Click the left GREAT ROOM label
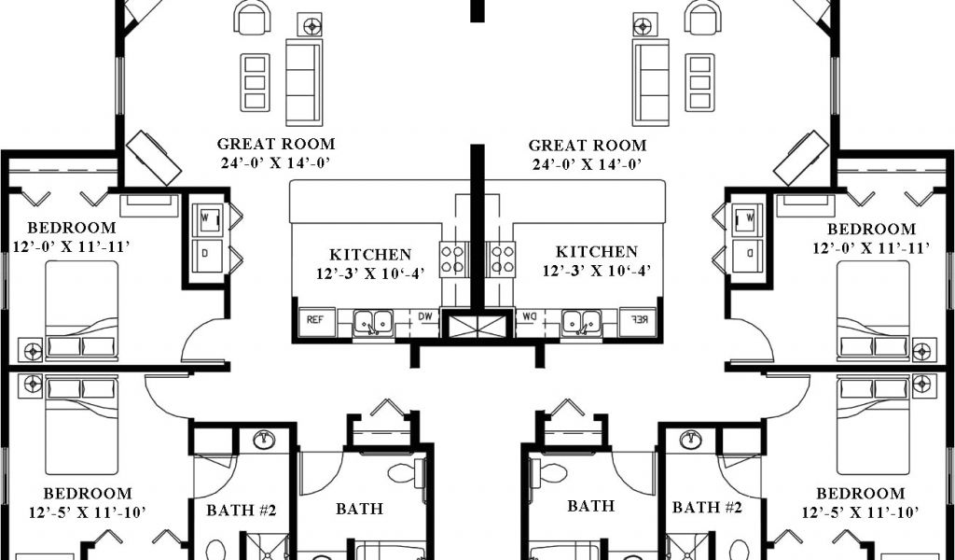(276, 145)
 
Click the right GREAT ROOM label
(588, 146)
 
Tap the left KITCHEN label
(370, 255)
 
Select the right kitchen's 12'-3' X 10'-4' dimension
(597, 271)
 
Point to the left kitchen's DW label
(424, 316)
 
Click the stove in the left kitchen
(453, 259)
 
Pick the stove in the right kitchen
(502, 259)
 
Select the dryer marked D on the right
(748, 256)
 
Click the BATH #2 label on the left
(242, 510)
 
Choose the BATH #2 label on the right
(707, 508)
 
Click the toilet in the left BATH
(407, 472)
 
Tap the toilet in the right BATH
(548, 471)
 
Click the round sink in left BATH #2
(264, 440)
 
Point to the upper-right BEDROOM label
(871, 230)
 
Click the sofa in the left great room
(304, 81)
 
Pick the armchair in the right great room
(702, 17)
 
